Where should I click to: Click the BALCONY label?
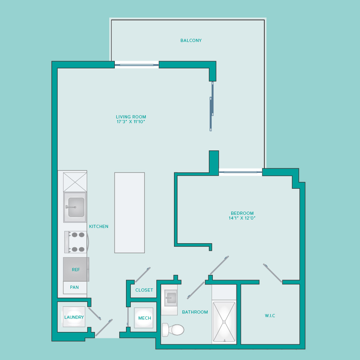(191, 40)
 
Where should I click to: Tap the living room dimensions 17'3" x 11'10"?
(131, 122)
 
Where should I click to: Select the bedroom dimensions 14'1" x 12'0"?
(242, 218)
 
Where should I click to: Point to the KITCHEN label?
(99, 226)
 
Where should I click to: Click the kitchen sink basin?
(76, 207)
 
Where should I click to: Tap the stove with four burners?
(76, 242)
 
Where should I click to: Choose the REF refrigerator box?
(76, 269)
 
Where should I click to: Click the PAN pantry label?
(74, 287)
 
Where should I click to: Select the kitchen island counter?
(130, 213)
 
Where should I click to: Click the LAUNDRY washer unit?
(74, 317)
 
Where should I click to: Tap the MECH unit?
(144, 318)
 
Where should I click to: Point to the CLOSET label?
(144, 290)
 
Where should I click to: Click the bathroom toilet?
(173, 330)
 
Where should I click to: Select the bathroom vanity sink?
(171, 298)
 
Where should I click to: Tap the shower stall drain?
(224, 322)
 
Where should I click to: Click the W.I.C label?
(270, 316)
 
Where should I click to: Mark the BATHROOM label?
(195, 312)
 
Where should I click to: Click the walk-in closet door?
(272, 273)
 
